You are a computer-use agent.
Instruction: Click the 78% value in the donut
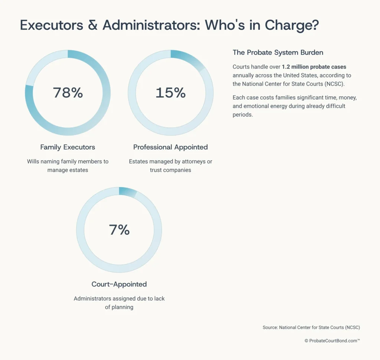[68, 93]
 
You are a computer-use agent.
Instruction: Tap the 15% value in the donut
[170, 93]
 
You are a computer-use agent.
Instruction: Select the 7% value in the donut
[119, 230]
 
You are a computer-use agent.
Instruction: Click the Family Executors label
[68, 147]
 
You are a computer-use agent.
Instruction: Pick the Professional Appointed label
[170, 147]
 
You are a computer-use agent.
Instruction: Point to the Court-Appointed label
[119, 284]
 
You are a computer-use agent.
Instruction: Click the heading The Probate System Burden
[278, 52]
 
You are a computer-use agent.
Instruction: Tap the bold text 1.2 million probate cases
[314, 67]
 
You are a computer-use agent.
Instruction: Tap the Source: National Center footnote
[311, 327]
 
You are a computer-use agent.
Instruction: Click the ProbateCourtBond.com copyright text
[332, 340]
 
